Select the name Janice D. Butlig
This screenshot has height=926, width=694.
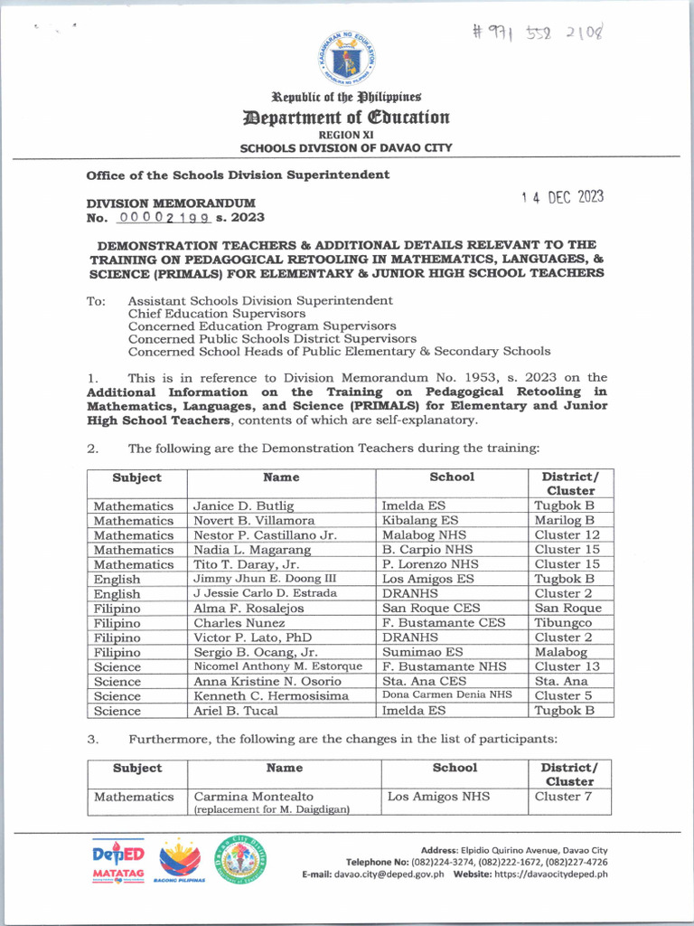243,506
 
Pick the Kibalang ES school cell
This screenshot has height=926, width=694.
419,521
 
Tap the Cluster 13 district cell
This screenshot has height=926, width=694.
567,666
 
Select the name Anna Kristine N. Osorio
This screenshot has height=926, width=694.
267,681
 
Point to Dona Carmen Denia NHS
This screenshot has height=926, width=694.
446,695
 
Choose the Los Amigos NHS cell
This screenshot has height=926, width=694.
437,797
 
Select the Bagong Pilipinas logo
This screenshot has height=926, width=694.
180,863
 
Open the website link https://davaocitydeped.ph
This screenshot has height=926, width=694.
551,874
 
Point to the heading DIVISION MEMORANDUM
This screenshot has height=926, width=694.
170,203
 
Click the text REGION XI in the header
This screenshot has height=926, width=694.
346,135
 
